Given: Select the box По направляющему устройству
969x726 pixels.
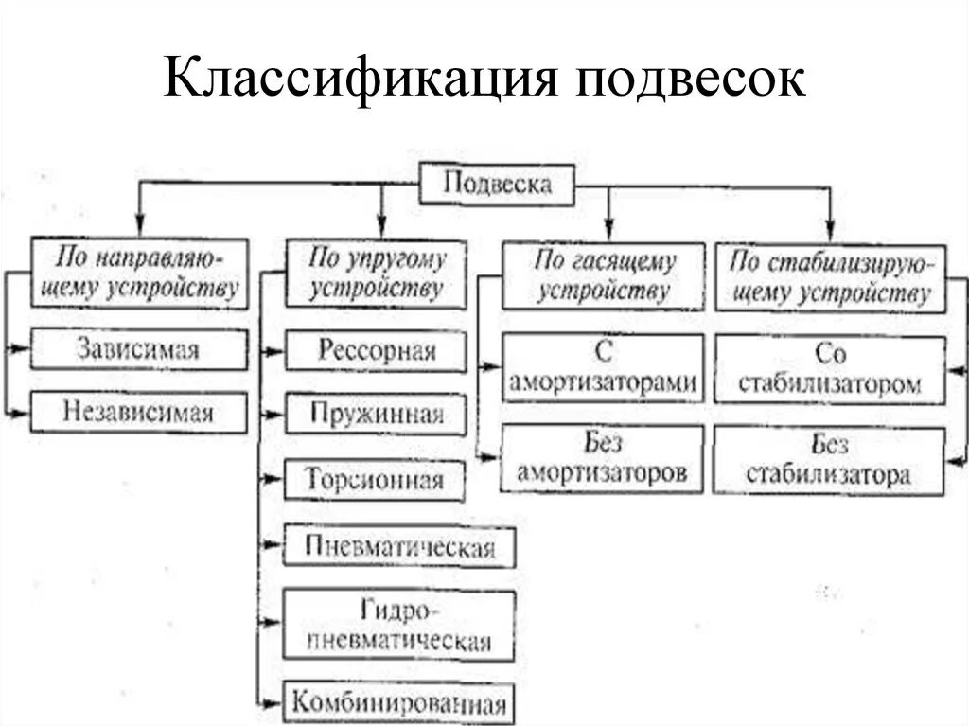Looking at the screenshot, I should coord(139,273).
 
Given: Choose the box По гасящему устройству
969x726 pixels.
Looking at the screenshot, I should coord(603,275).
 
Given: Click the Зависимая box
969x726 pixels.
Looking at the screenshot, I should coord(138,349).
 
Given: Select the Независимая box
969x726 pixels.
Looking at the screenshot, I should coord(138,413).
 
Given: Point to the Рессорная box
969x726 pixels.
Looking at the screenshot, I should coord(376,351).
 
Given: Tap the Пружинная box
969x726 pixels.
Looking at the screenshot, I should coord(376,415).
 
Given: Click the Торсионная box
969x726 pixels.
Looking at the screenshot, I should coord(376,479).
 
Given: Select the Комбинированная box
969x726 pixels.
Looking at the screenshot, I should coord(399,703).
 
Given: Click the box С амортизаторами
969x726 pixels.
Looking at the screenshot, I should coord(603,367).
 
